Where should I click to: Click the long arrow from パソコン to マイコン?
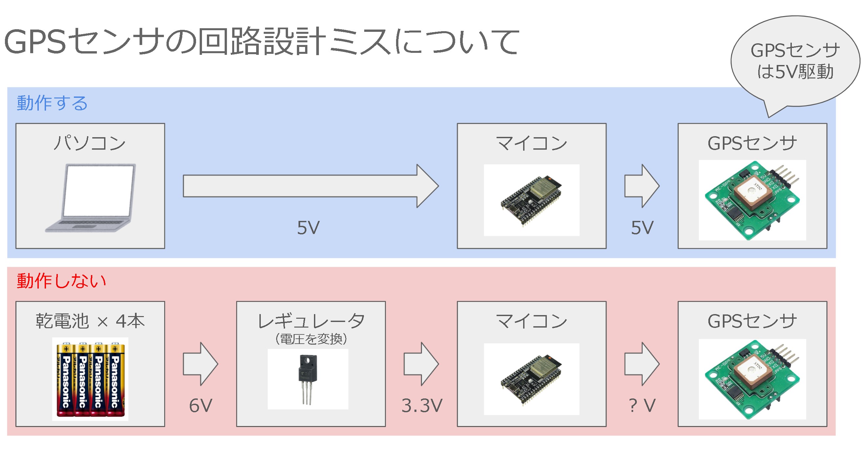[x=310, y=186]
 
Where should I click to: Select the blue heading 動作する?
[x=52, y=103]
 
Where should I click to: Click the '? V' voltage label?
[x=642, y=405]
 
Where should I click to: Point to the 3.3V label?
[x=422, y=405]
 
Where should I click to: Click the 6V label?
[x=201, y=405]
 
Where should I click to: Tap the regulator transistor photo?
[x=308, y=379]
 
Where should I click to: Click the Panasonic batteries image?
[x=90, y=379]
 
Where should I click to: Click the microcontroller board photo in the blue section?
[x=531, y=200]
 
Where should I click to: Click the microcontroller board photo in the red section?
[x=531, y=379]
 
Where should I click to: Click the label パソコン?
[x=90, y=143]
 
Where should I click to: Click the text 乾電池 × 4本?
[x=90, y=321]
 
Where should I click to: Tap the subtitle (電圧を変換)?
[x=311, y=339]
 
